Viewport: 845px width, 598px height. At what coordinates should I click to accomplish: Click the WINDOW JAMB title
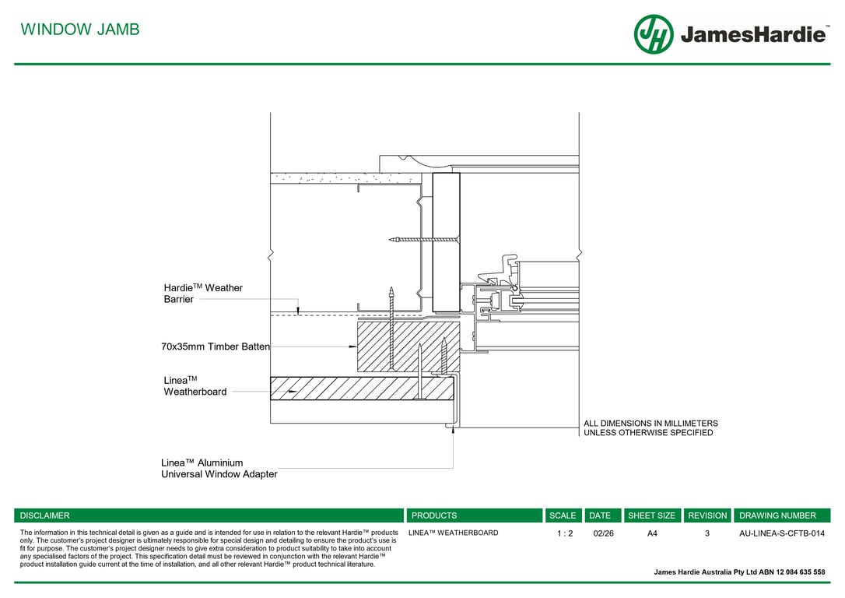click(80, 30)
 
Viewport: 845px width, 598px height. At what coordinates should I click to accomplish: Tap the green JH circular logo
click(653, 34)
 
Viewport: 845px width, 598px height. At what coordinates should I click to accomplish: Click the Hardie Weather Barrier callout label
click(202, 294)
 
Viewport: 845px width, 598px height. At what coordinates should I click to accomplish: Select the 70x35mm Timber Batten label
click(216, 346)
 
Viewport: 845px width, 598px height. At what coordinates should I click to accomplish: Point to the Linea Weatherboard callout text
click(195, 385)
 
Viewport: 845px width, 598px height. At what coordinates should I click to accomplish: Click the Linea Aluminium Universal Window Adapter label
click(219, 468)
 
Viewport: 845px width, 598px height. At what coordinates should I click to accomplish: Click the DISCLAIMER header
click(44, 515)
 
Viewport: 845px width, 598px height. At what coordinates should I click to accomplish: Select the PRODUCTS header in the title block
click(434, 515)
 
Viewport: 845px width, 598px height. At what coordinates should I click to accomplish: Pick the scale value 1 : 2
click(564, 533)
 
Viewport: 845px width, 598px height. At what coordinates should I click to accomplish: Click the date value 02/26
click(603, 533)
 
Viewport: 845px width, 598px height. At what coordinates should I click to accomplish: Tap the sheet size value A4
click(652, 533)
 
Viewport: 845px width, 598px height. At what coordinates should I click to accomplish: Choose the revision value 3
click(707, 533)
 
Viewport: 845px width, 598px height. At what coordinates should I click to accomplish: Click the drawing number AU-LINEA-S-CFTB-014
click(781, 533)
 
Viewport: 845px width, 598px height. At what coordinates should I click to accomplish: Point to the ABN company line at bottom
click(739, 572)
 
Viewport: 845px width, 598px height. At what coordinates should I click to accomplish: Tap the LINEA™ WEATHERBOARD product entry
click(453, 533)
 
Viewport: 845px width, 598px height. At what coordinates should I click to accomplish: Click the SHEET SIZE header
click(651, 515)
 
